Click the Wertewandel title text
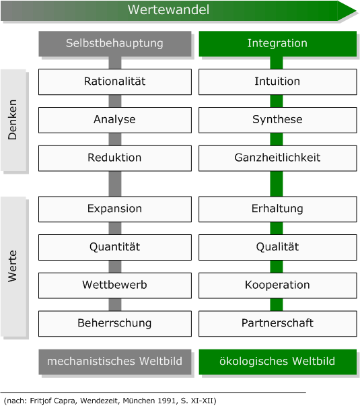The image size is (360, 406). (x=178, y=10)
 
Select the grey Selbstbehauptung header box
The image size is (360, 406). (x=114, y=43)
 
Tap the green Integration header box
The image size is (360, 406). (x=277, y=43)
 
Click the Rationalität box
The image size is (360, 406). (x=114, y=81)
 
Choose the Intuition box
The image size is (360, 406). (x=277, y=81)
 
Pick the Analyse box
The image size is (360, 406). (x=114, y=120)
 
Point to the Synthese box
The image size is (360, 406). (x=277, y=120)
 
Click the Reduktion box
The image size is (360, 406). (x=114, y=158)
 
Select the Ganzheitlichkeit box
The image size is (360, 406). (x=277, y=158)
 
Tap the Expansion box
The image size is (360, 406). (x=114, y=209)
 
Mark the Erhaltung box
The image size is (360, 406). (x=277, y=209)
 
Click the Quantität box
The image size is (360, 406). (x=114, y=247)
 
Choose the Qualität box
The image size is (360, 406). (x=277, y=247)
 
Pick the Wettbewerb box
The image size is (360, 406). (x=114, y=285)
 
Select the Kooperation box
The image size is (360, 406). (x=277, y=285)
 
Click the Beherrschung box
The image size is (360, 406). (x=114, y=323)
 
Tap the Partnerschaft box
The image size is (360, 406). (x=277, y=323)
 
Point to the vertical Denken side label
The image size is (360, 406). (x=13, y=120)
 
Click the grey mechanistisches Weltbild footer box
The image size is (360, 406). (x=114, y=362)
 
